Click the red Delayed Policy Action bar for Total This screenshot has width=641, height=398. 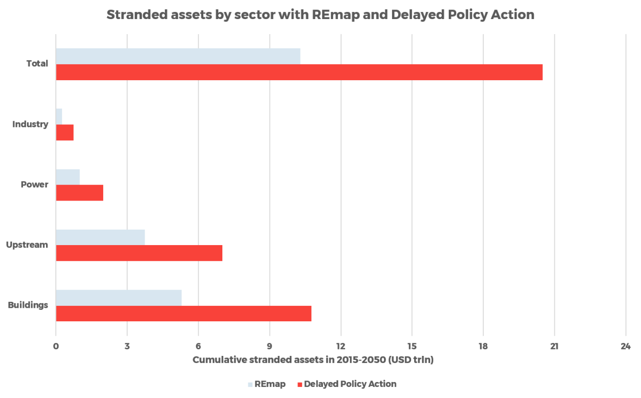299,73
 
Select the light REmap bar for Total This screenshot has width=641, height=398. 178,56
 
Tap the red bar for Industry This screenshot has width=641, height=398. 65,133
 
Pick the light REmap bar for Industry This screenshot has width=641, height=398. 59,116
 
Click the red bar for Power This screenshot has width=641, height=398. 80,193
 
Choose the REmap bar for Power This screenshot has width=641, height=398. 68,177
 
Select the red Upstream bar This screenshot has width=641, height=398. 139,253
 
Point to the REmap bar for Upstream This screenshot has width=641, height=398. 101,237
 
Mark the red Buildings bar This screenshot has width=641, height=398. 183,314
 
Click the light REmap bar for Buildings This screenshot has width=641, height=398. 119,297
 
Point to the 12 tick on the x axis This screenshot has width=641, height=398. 341,346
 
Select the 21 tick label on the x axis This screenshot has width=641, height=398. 554,346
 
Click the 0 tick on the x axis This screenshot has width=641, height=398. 56,346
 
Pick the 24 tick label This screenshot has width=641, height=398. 625,346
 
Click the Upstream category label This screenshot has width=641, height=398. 27,245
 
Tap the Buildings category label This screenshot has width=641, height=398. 28,305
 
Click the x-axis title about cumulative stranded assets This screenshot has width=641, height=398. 313,360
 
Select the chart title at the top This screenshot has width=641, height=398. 320,15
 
